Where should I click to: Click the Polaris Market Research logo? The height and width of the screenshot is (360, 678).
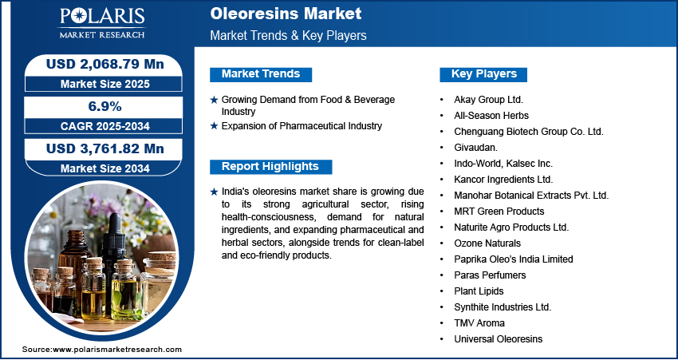click(102, 22)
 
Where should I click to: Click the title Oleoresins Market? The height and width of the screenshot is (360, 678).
click(286, 14)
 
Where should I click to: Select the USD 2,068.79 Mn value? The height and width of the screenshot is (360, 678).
click(105, 64)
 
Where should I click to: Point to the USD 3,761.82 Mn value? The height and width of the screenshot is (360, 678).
click(105, 148)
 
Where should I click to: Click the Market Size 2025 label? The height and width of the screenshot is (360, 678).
click(105, 84)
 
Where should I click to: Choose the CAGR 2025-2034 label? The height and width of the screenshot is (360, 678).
click(105, 126)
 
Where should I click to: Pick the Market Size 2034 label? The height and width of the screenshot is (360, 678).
click(105, 168)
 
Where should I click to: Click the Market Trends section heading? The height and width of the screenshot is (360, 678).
click(261, 74)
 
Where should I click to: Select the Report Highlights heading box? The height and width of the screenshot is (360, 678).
click(270, 167)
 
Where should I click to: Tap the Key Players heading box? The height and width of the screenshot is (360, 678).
click(483, 74)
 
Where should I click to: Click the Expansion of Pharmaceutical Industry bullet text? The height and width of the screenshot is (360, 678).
click(302, 126)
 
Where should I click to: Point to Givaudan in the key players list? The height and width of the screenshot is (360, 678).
click(475, 148)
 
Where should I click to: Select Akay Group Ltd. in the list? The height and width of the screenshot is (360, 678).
click(489, 100)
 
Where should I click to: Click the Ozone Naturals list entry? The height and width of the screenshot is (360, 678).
click(487, 243)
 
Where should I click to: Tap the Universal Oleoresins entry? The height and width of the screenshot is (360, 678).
click(498, 338)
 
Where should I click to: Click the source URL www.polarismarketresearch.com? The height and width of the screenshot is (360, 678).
click(117, 349)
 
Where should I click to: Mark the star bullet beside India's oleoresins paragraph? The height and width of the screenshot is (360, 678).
click(214, 192)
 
